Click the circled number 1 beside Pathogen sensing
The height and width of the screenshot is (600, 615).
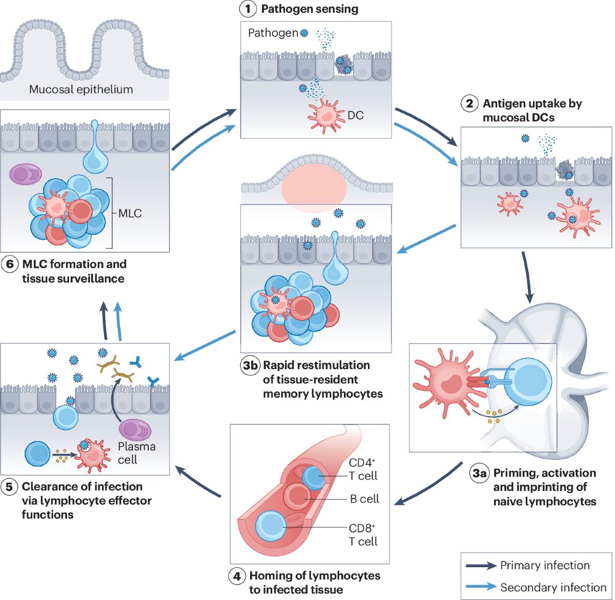tap(248, 9)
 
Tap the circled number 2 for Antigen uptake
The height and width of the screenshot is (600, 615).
tap(469, 104)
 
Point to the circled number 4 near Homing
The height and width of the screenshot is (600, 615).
tap(235, 576)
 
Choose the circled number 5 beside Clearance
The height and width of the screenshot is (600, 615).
tap(8, 486)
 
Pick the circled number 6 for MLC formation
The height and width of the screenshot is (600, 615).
tap(8, 265)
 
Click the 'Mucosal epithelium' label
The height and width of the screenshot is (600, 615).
tap(81, 90)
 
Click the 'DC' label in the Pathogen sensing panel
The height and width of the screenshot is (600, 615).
tap(355, 115)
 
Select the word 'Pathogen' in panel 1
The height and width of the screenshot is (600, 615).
tap(273, 33)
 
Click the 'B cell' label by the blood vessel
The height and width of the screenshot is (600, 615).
tap(364, 499)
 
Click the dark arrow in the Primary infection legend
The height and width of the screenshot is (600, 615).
tap(482, 566)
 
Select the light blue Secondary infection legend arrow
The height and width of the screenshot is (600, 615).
tap(482, 587)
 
